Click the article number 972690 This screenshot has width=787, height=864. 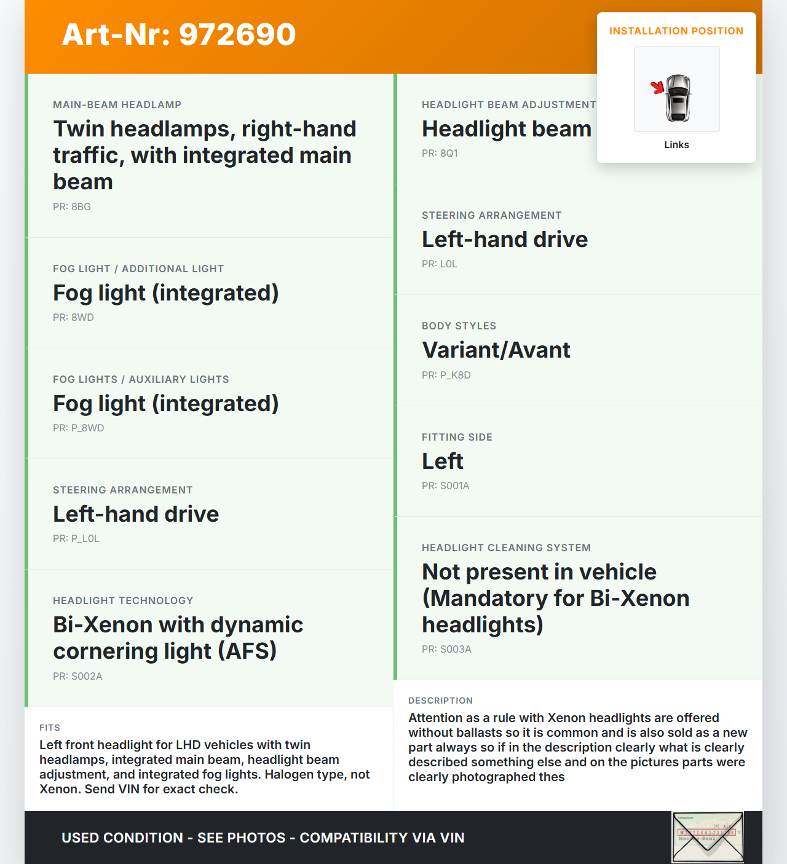click(x=237, y=34)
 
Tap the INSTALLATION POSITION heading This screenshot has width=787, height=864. click(x=676, y=31)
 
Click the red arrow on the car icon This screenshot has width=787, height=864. click(x=658, y=88)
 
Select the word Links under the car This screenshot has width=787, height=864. click(x=676, y=145)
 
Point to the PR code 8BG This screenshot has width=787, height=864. click(x=72, y=207)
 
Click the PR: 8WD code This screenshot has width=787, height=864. click(x=73, y=318)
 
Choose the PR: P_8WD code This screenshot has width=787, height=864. click(x=78, y=428)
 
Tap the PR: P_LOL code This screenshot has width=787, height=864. click(x=76, y=539)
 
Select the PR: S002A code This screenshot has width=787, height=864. click(x=77, y=677)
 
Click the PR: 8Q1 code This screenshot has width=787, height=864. click(x=440, y=154)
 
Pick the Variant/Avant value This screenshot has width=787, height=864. click(x=496, y=350)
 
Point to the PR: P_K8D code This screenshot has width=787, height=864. click(x=446, y=375)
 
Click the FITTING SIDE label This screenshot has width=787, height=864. click(x=457, y=437)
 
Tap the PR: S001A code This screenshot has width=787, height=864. click(x=445, y=486)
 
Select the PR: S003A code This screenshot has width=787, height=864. click(x=446, y=650)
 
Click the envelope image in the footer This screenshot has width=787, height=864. click(x=708, y=837)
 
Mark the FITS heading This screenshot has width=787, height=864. click(x=50, y=728)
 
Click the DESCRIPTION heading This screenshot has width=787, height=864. click(x=440, y=701)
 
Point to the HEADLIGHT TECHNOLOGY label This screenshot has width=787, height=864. click(x=123, y=600)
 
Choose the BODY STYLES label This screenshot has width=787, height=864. click(x=459, y=326)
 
